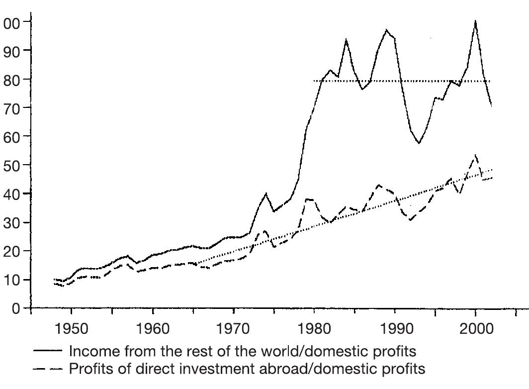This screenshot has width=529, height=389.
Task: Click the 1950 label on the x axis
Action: tap(71, 329)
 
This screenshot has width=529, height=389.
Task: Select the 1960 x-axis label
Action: tap(152, 329)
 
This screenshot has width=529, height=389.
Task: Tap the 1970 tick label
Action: tap(233, 329)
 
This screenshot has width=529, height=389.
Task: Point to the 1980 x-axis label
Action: tap(314, 329)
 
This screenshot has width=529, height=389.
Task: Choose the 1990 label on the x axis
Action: tap(395, 329)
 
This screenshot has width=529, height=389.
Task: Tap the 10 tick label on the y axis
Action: tap(13, 280)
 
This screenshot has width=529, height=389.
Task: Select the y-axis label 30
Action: tap(13, 222)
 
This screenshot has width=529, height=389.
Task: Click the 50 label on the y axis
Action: tap(13, 165)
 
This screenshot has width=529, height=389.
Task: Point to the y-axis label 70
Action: tap(13, 108)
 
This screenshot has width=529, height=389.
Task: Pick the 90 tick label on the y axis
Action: tap(13, 51)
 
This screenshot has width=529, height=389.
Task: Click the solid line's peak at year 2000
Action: tap(476, 21)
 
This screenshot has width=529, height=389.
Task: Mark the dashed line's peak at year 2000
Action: tap(476, 155)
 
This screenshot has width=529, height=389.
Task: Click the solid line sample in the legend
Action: tap(48, 351)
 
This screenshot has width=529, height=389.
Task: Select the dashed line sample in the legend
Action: tap(48, 369)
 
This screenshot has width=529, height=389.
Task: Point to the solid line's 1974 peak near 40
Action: tap(266, 194)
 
